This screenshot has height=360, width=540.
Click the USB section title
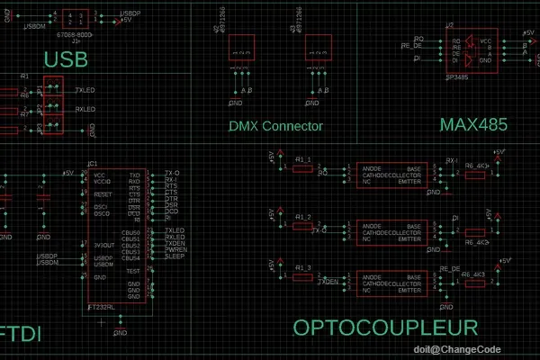[67, 59]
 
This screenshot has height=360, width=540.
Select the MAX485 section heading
[473, 123]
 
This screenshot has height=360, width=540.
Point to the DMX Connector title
[275, 127]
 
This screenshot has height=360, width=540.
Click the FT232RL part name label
[102, 308]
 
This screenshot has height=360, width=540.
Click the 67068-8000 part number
[74, 34]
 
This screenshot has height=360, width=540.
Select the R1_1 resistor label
[303, 158]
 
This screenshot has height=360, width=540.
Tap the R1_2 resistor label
[303, 219]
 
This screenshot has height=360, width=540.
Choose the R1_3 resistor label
[303, 269]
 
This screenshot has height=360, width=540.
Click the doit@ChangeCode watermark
[470, 348]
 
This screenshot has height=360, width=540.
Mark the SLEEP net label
[175, 257]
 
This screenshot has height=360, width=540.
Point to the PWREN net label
[175, 251]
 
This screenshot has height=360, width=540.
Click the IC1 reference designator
[92, 164]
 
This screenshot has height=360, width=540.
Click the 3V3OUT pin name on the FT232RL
[105, 245]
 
